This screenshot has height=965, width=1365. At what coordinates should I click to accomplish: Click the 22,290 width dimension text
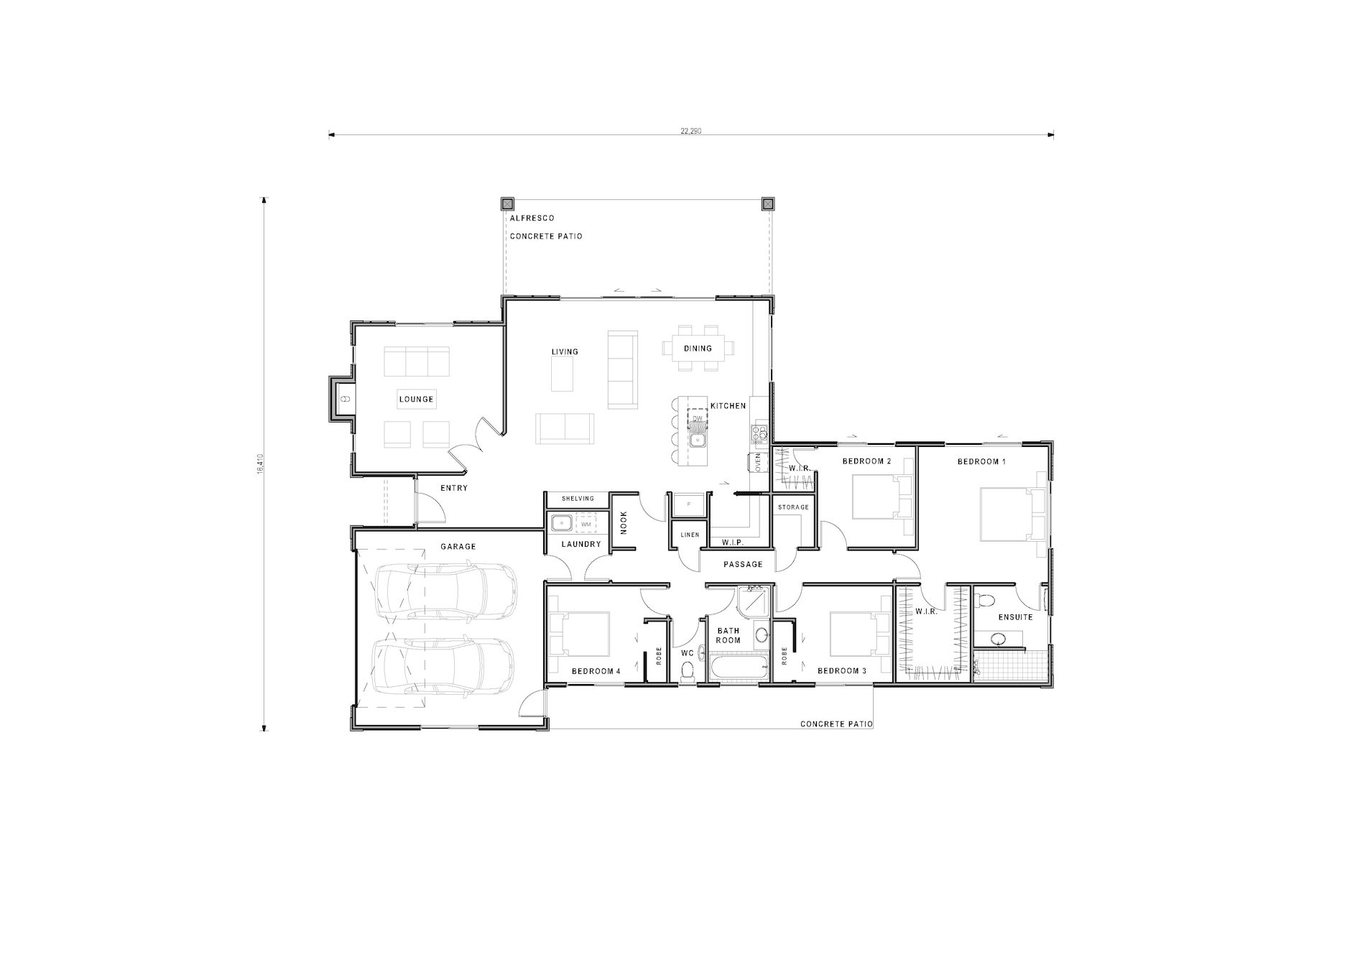click(690, 131)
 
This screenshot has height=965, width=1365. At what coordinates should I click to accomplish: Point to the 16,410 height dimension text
click(259, 463)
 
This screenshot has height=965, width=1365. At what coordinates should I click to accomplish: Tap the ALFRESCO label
click(532, 218)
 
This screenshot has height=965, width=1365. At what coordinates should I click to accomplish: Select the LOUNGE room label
click(416, 400)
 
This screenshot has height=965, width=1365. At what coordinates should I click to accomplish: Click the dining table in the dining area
click(698, 348)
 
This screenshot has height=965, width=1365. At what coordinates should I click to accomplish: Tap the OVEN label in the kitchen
click(757, 463)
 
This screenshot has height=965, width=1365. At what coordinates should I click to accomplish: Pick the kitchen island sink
click(697, 439)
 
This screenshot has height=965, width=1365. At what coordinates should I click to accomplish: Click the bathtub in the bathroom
click(739, 668)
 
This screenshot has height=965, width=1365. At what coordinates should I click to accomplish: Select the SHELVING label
click(578, 499)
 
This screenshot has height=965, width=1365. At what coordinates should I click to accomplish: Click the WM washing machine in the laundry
click(586, 524)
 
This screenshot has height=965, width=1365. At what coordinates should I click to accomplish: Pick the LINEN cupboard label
click(690, 535)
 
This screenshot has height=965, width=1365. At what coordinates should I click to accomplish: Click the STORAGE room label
click(793, 507)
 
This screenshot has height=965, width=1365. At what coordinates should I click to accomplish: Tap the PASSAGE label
click(743, 565)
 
